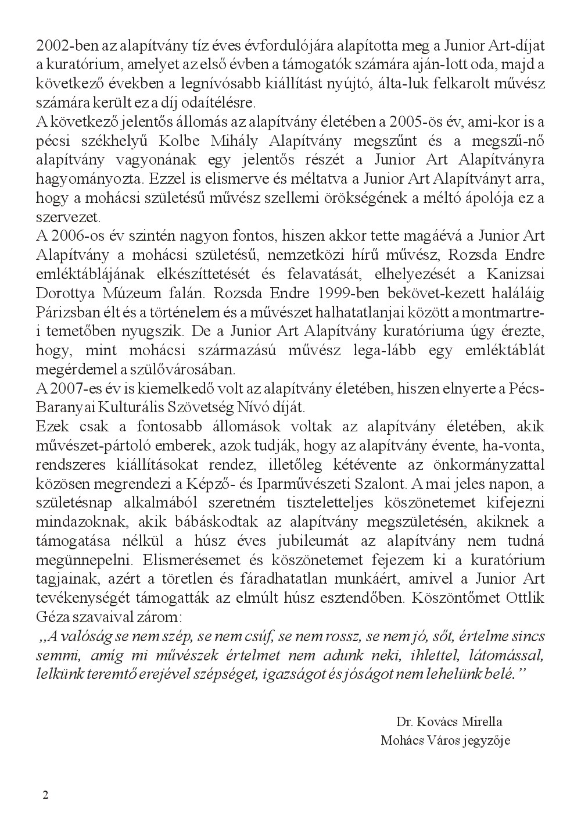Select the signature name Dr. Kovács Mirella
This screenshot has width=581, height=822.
point(449,722)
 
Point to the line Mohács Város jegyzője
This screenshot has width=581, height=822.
point(446,741)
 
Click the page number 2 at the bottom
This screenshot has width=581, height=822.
point(46,795)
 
